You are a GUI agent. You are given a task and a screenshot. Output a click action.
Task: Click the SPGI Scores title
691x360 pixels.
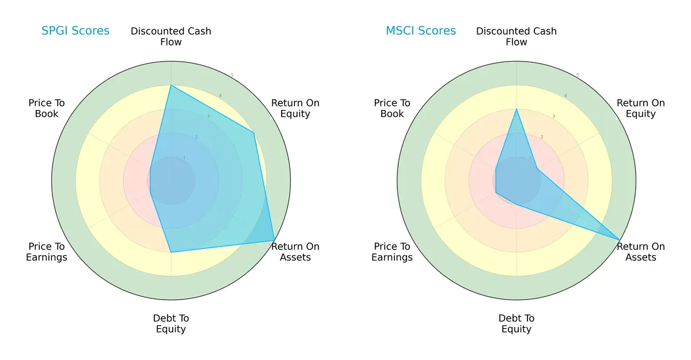click(75, 31)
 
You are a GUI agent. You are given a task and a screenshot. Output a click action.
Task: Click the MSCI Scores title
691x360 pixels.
click(421, 31)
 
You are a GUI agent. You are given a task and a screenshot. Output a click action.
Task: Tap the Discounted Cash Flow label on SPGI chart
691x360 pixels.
click(171, 36)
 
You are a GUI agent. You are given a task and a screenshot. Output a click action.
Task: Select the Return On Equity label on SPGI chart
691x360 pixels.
click(295, 108)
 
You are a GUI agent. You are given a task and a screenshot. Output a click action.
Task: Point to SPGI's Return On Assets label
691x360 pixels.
click(295, 252)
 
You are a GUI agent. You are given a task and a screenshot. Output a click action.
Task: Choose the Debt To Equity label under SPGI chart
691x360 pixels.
click(171, 324)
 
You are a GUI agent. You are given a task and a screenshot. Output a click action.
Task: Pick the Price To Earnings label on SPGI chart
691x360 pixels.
click(47, 252)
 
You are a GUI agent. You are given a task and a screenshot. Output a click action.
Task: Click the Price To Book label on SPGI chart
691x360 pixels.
click(47, 108)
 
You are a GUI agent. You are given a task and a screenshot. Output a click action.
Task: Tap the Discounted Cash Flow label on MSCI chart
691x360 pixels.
click(517, 36)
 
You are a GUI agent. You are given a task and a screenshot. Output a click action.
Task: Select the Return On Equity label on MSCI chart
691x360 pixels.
click(641, 108)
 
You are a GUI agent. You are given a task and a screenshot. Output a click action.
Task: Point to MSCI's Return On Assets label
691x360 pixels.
click(641, 252)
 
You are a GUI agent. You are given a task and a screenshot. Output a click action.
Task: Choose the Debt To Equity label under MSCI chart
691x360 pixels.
click(517, 324)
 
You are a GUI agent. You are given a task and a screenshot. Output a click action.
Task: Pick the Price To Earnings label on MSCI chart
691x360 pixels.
click(392, 252)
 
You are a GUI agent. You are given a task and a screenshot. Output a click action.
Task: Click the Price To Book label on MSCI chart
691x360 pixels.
click(392, 108)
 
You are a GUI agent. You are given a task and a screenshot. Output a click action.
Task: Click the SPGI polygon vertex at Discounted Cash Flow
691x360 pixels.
click(171, 85)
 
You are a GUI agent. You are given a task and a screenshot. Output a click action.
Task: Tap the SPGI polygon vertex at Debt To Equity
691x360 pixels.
click(171, 252)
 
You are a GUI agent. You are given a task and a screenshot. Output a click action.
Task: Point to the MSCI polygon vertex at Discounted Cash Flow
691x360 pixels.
click(517, 109)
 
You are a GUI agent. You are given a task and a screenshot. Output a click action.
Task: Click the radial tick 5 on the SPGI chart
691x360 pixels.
click(232, 75)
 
